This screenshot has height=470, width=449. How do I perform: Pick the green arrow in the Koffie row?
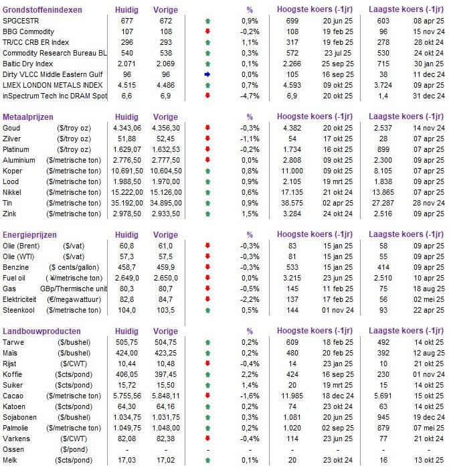coord(207,375)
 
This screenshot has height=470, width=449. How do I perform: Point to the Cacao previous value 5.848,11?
coord(165,396)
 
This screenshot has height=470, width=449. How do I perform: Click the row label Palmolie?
coord(19,428)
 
